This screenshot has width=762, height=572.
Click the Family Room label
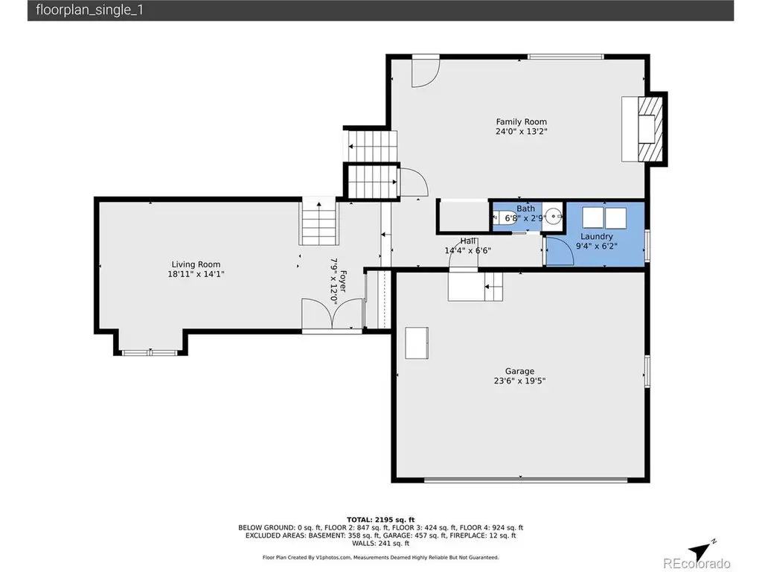point(521,121)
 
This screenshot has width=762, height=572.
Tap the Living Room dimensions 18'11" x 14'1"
point(196,274)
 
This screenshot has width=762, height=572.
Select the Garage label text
point(519,371)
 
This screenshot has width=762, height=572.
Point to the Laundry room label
point(596,236)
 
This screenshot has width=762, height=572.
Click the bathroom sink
point(552,214)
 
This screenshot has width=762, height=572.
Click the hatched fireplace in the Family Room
point(650,129)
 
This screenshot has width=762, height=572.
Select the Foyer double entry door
point(332,314)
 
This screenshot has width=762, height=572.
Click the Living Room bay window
point(150,352)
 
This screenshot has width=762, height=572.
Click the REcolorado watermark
point(697,563)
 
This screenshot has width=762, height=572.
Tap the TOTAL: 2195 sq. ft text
point(380,519)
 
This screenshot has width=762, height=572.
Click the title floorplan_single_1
point(90,10)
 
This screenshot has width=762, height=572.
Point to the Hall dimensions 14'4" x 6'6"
point(467,250)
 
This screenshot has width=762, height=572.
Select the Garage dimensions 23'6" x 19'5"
point(519,381)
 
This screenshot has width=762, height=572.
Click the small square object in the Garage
point(417,343)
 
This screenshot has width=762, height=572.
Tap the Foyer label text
point(343,281)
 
